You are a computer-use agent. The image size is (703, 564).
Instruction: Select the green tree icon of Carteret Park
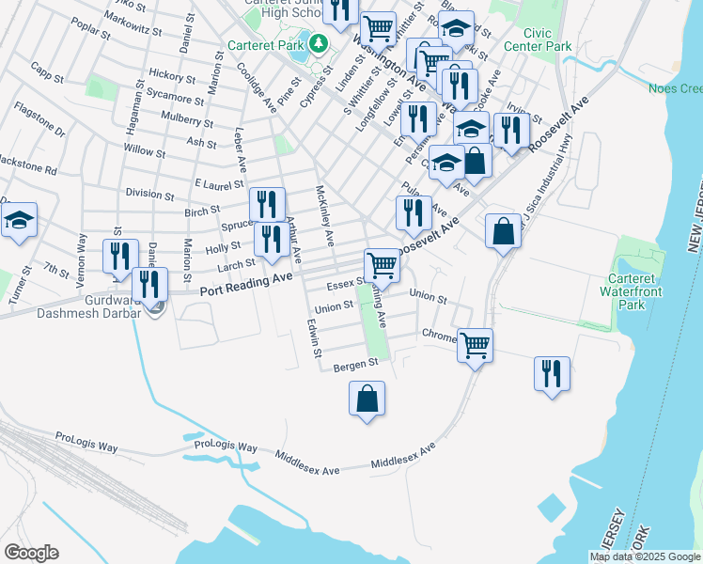[318, 43]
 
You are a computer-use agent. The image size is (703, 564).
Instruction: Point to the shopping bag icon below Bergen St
[367, 398]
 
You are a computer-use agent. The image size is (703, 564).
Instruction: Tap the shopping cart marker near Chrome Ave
[476, 345]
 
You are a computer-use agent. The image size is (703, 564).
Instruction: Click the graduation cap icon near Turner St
[18, 221]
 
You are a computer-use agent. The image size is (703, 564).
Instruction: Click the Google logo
[31, 552]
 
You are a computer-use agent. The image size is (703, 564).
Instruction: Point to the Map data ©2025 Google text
[645, 556]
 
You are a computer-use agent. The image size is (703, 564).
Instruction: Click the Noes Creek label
[676, 89]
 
